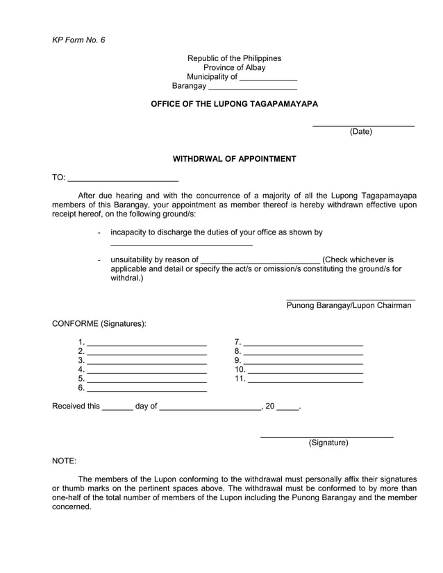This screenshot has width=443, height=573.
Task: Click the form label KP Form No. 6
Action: click(x=78, y=40)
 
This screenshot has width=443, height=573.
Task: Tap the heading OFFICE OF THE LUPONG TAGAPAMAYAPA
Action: click(x=234, y=103)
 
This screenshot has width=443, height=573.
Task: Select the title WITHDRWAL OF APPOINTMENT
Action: click(x=234, y=159)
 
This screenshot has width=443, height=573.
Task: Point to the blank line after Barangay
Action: click(x=253, y=88)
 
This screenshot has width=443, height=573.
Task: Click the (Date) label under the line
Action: click(x=360, y=132)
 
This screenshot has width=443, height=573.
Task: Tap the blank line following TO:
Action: click(x=123, y=180)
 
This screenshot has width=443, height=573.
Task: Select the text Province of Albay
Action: click(x=234, y=68)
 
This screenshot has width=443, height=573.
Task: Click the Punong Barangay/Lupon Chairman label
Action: click(x=349, y=305)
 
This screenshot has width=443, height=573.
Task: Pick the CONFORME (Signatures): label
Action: click(x=99, y=324)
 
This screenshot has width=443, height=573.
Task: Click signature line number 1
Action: click(x=147, y=343)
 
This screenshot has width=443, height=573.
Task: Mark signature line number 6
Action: click(x=147, y=389)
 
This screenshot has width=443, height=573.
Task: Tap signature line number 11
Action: click(x=306, y=380)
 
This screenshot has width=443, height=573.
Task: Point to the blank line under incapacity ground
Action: click(x=181, y=244)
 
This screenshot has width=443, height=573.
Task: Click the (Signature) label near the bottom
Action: click(x=328, y=443)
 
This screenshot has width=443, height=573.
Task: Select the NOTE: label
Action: click(x=65, y=461)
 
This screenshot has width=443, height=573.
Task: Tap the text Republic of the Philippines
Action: click(x=234, y=58)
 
